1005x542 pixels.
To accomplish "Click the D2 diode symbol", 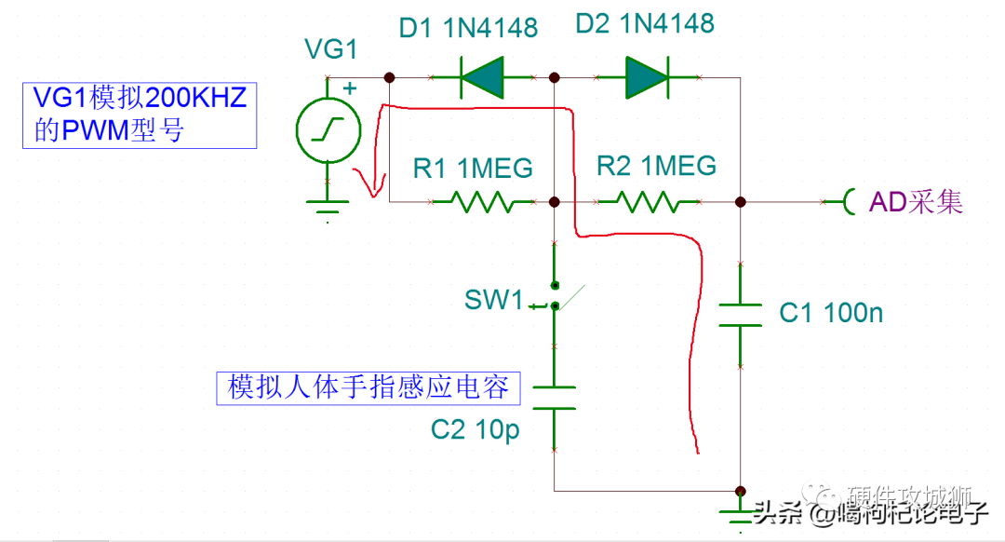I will coord(648,77).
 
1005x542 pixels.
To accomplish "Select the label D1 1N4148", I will coord(468,28).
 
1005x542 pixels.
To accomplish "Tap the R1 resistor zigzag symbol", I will coord(481,201).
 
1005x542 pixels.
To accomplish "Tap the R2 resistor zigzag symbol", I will coord(648,201).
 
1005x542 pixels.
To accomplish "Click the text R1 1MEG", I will coord(473,169).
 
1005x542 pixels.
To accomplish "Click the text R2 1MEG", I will coord(656,166).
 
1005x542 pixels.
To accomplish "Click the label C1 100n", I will coord(831,313).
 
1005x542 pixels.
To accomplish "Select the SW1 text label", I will coord(494,300).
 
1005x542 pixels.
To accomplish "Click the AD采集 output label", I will coord(916,201).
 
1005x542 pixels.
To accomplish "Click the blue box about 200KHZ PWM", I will coord(140,115).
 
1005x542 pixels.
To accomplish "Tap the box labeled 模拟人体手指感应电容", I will coord(368,386).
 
